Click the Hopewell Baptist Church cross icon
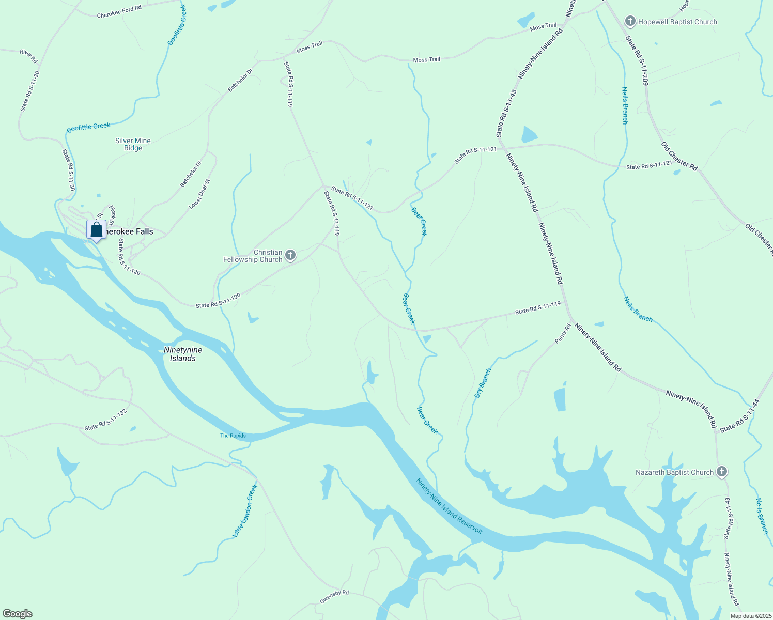(630, 22)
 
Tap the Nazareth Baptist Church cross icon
(722, 472)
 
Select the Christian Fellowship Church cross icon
(290, 255)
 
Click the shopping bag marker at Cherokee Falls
(96, 230)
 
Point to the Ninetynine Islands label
(183, 354)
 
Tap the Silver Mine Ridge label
(133, 144)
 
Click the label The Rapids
(233, 436)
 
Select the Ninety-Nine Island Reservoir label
(450, 506)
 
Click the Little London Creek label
(245, 510)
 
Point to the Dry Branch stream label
(483, 383)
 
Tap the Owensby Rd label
(334, 596)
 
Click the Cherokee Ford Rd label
(119, 12)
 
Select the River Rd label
(29, 56)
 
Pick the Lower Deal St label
(199, 194)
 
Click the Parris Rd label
(563, 333)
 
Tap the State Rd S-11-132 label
(105, 420)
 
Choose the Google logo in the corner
(18, 614)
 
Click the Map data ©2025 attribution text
(750, 616)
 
